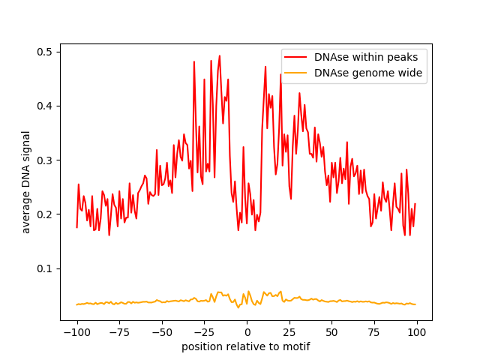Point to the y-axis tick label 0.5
coord(46,52)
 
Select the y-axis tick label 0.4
coord(46,106)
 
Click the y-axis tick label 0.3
coord(46,160)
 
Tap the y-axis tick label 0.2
coord(46,214)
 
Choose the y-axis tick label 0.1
coord(46,268)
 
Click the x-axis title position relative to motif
coord(246,346)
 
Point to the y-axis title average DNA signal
coord(26,182)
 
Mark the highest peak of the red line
coord(219,55)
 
